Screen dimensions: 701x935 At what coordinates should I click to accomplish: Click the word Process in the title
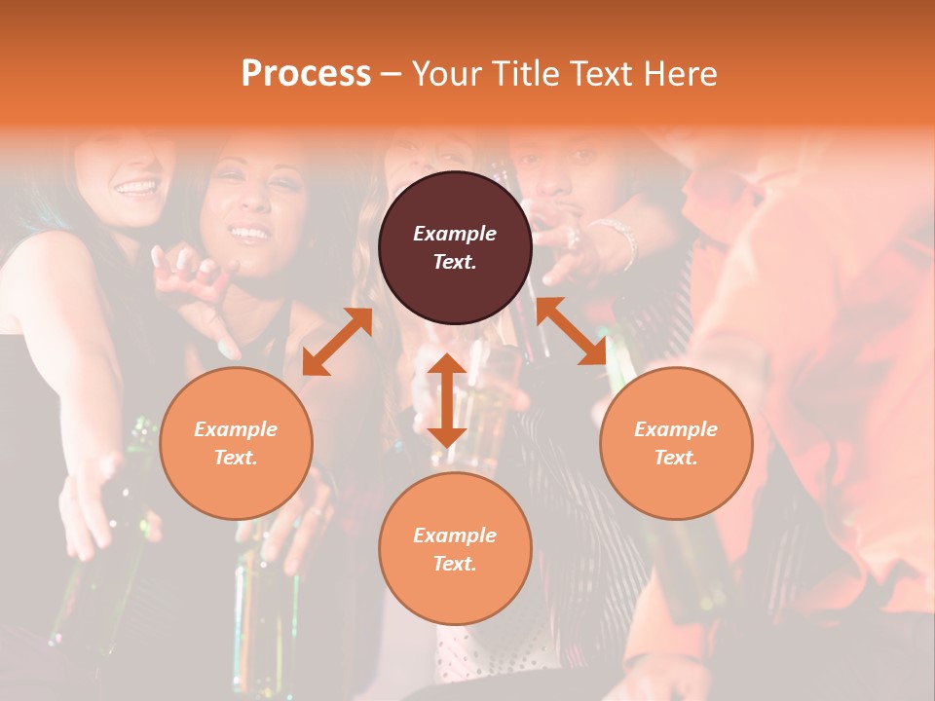(306, 74)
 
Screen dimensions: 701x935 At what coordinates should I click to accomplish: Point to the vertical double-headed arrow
(446, 400)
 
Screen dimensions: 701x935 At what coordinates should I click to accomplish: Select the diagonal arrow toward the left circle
(337, 342)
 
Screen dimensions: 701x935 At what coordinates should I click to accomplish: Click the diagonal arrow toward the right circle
(573, 331)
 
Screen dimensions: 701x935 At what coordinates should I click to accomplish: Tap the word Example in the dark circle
(455, 234)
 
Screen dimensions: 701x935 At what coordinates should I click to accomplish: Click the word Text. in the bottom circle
(455, 564)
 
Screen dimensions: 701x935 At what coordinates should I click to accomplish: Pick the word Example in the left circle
(236, 429)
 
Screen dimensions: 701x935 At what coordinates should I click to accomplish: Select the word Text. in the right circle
(676, 458)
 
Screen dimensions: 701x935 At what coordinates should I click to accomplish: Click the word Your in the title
(447, 74)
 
